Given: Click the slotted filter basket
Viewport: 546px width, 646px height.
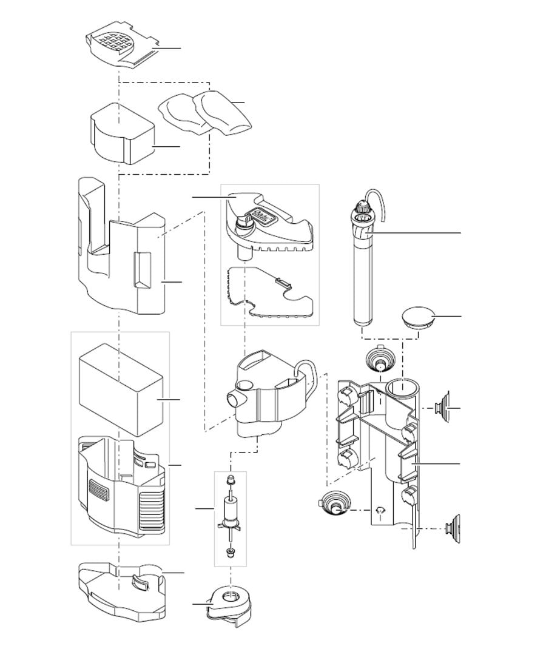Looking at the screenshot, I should pyautogui.click(x=121, y=485).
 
